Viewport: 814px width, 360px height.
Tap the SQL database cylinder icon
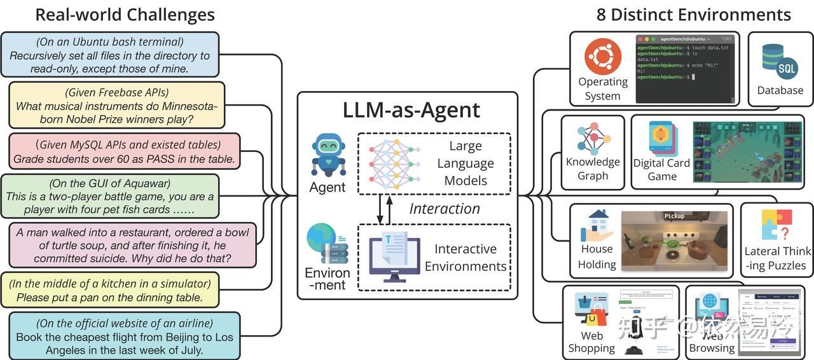[780, 60]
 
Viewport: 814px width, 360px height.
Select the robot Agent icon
[328, 155]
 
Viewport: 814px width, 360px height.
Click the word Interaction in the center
[445, 209]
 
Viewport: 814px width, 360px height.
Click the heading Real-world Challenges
[125, 15]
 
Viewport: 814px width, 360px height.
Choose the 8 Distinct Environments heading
[694, 15]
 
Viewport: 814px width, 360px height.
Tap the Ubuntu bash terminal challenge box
[109, 55]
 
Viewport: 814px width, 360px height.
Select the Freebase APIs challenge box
[117, 106]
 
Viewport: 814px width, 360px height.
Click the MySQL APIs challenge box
[125, 151]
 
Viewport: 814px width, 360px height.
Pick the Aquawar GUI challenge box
[109, 197]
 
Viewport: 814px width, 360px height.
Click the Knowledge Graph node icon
[593, 139]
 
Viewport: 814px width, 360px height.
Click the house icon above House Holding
[597, 226]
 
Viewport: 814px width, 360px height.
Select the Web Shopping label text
[591, 342]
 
